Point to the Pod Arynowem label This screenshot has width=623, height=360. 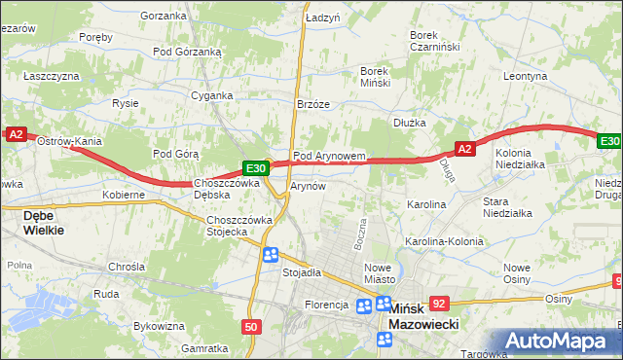pyautogui.click(x=329, y=156)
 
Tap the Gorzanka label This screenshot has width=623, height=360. pyautogui.click(x=163, y=16)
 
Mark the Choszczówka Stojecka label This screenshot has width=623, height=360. pyautogui.click(x=238, y=226)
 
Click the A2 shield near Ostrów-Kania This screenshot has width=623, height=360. pyautogui.click(x=16, y=136)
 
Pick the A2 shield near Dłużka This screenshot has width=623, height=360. pyautogui.click(x=464, y=149)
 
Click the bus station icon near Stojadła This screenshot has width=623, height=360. pyautogui.click(x=271, y=255)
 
